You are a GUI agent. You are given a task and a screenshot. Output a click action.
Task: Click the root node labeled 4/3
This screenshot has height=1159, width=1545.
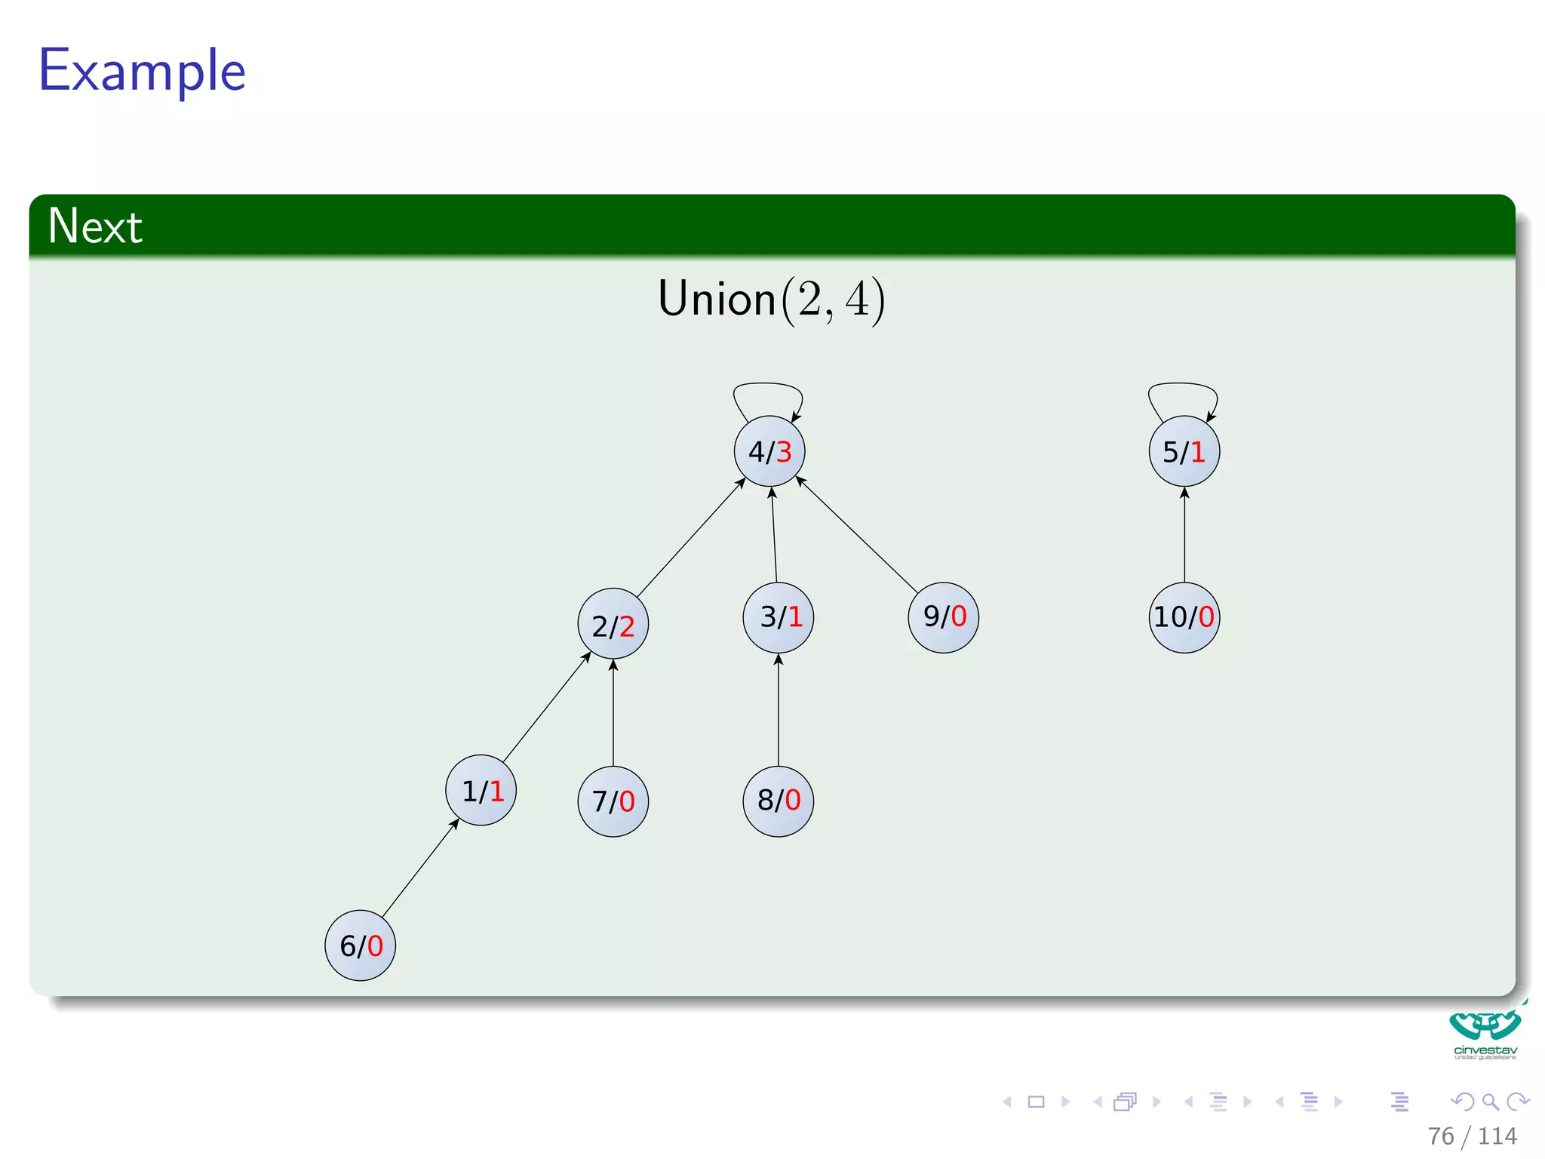coord(769,451)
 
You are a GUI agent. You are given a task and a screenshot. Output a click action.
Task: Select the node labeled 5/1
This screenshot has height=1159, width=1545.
coord(1184,451)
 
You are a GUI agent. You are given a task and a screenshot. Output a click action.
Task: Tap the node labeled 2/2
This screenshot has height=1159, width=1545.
coord(613,624)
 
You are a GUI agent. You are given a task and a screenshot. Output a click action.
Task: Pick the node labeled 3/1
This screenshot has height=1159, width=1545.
coord(778,617)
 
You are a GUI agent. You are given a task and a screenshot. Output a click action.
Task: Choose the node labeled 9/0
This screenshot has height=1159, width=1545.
coord(943,617)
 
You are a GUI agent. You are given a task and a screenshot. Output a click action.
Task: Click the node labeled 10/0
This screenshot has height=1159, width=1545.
coord(1184,617)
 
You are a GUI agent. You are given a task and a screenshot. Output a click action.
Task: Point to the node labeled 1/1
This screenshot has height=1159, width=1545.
coord(481,790)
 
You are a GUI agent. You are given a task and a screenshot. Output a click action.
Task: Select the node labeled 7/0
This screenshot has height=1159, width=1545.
coord(613,801)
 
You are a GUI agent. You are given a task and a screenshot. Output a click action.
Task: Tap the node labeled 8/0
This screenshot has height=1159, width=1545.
coord(778,800)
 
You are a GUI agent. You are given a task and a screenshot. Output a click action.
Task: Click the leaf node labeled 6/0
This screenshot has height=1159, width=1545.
coord(360,945)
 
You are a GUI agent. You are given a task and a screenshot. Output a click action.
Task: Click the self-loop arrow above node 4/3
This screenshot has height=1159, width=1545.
coord(768,386)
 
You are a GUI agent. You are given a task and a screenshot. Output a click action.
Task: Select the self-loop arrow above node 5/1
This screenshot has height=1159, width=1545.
coord(1183,386)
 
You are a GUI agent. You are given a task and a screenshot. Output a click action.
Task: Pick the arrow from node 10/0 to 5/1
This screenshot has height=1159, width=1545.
coord(1184,535)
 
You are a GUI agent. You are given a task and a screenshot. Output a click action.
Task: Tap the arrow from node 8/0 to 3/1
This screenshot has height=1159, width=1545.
coord(779,709)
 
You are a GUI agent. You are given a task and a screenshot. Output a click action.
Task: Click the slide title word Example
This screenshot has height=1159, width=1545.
coord(142,70)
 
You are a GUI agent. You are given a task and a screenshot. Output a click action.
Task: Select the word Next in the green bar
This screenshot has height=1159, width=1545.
coord(95,226)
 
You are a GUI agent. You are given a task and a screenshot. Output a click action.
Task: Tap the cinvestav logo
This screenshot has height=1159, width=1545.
coord(1485,1034)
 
